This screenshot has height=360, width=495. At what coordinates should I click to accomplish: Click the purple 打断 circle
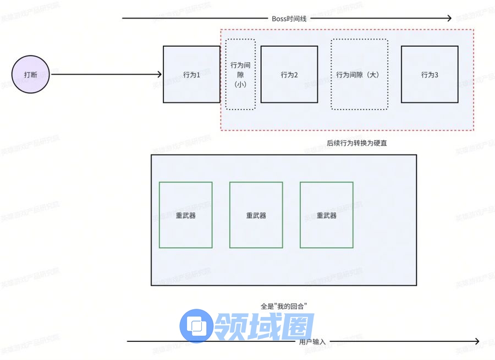[31, 75]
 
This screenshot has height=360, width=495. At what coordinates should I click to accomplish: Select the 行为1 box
[191, 74]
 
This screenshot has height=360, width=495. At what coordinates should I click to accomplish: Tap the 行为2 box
[289, 74]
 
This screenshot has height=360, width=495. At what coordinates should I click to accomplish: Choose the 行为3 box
[430, 74]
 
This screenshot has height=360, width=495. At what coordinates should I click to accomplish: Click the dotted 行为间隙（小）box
[240, 74]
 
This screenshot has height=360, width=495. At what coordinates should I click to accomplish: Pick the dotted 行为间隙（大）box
[359, 74]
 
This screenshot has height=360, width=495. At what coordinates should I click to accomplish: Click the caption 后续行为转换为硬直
[360, 143]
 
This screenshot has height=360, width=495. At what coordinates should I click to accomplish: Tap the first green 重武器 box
[186, 215]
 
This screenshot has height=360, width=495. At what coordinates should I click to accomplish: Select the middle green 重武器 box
[256, 215]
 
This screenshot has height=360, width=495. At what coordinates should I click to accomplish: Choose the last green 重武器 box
[327, 215]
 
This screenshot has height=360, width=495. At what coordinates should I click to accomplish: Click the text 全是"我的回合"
[283, 305]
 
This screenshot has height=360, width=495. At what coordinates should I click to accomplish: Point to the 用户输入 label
[312, 342]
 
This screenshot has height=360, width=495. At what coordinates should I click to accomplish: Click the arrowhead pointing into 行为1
[159, 75]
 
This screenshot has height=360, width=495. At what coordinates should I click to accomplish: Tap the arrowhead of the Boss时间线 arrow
[448, 19]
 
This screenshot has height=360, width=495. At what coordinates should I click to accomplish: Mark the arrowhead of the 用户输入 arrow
[476, 341]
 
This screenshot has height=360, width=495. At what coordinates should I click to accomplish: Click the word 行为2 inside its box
[289, 75]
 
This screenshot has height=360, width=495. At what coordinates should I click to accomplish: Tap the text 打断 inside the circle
[31, 75]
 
